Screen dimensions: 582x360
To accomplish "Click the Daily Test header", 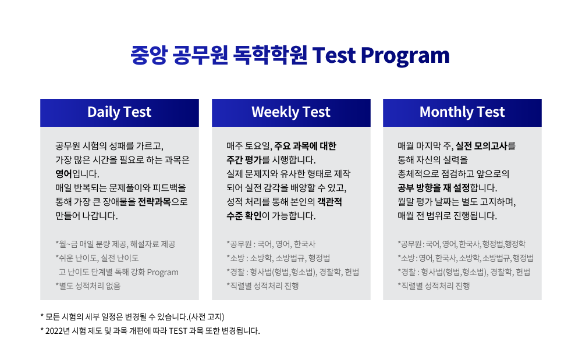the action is (x=119, y=112).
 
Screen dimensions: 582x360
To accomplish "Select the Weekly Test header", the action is (x=290, y=112).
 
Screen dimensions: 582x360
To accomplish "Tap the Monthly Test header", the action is (x=462, y=112).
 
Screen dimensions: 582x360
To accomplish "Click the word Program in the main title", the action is (x=405, y=56).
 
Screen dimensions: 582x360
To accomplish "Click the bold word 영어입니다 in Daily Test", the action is (x=77, y=173).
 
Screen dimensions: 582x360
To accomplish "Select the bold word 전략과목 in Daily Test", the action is (x=154, y=202).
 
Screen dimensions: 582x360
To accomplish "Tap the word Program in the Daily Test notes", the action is (x=162, y=272).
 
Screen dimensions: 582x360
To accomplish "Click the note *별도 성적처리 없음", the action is (x=88, y=286).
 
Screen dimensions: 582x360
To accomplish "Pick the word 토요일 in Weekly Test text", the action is (x=258, y=146).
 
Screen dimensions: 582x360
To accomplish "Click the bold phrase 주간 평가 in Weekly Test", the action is (x=244, y=160).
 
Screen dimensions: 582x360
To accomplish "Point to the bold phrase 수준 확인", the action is (x=244, y=216).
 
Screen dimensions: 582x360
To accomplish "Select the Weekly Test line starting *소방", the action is (x=278, y=258).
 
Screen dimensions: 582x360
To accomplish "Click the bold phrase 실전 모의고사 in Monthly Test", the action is (x=481, y=146).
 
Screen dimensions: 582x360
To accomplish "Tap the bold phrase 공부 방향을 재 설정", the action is (x=434, y=188).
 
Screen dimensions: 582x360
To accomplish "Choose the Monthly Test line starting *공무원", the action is (x=462, y=244).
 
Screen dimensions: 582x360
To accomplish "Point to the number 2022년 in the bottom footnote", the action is (x=58, y=331).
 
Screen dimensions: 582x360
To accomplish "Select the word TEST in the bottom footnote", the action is (x=178, y=331).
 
